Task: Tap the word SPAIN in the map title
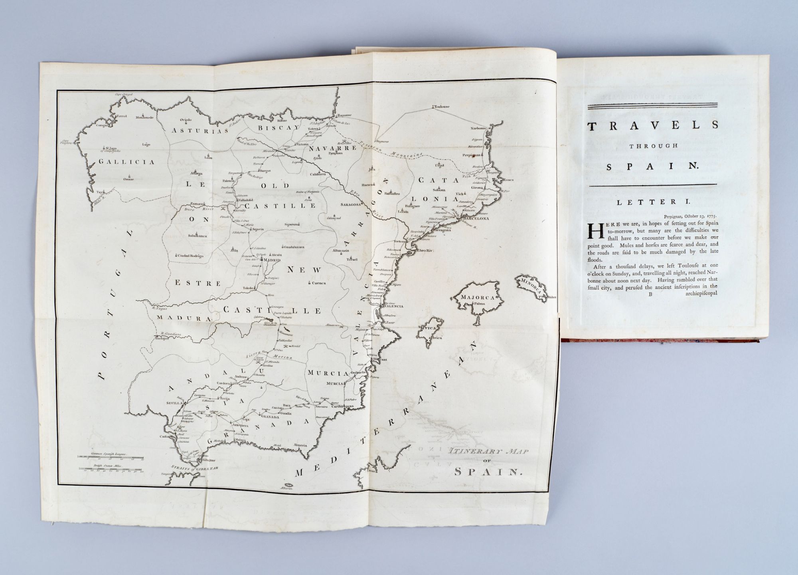pyautogui.click(x=488, y=472)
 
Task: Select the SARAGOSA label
pyautogui.click(x=351, y=204)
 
